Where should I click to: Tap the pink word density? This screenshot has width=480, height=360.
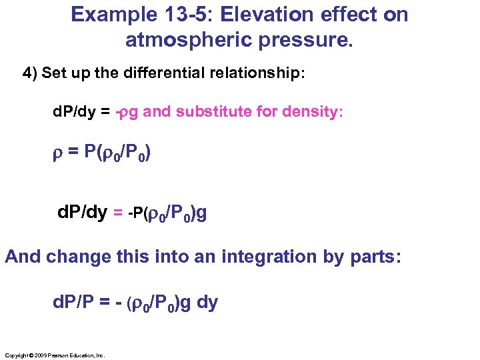(x=313, y=111)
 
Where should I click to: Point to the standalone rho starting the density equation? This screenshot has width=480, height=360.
(x=57, y=155)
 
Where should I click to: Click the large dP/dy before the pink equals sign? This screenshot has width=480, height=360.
(x=83, y=213)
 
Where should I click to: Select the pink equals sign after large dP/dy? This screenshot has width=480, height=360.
(x=117, y=213)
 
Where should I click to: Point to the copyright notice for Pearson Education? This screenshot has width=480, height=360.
(x=54, y=356)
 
